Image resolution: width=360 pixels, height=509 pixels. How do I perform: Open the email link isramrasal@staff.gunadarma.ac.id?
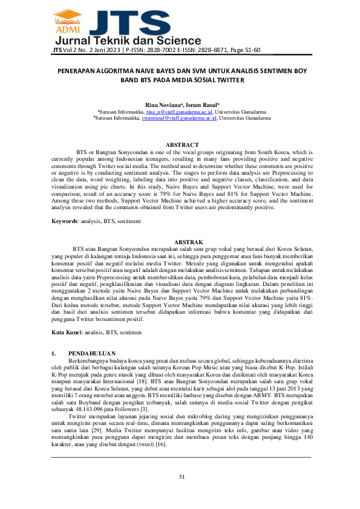tap(179, 118)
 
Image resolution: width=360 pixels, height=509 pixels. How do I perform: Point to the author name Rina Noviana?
tap(159, 105)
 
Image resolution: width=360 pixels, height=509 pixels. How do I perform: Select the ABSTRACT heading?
tap(182, 145)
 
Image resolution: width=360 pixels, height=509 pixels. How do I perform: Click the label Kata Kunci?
tap(67, 332)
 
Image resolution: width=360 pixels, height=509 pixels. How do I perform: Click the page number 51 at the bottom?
tap(181, 478)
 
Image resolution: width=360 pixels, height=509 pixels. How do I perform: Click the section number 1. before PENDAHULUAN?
tap(54, 352)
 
